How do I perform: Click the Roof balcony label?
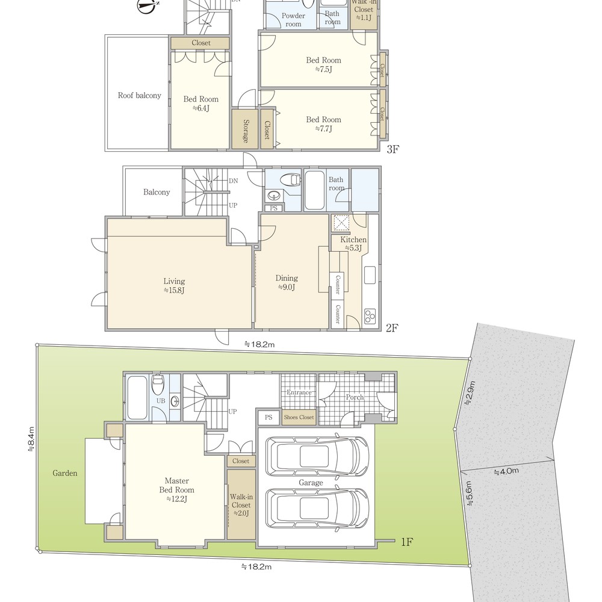pyautogui.click(x=140, y=95)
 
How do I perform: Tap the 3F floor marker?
pyautogui.click(x=393, y=149)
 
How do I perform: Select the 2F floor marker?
pyautogui.click(x=392, y=327)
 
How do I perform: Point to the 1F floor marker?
pyautogui.click(x=407, y=542)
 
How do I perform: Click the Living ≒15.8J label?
pyautogui.click(x=174, y=285)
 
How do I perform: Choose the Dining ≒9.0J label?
pyautogui.click(x=287, y=282)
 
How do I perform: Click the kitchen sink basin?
pyautogui.click(x=370, y=275)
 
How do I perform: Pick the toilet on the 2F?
pyautogui.click(x=290, y=179)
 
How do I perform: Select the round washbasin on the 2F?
pyautogui.click(x=274, y=196)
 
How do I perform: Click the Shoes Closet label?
pyautogui.click(x=299, y=417)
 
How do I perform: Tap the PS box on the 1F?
pyautogui.click(x=268, y=417)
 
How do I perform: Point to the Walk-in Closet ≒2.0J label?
pyautogui.click(x=241, y=505)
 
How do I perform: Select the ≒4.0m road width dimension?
pyautogui.click(x=506, y=471)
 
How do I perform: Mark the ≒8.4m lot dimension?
pyautogui.click(x=31, y=439)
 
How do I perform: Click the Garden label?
pyautogui.click(x=65, y=473)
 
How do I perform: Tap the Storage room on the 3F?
pyautogui.click(x=244, y=129)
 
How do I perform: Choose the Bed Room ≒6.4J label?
pyautogui.click(x=201, y=104)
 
